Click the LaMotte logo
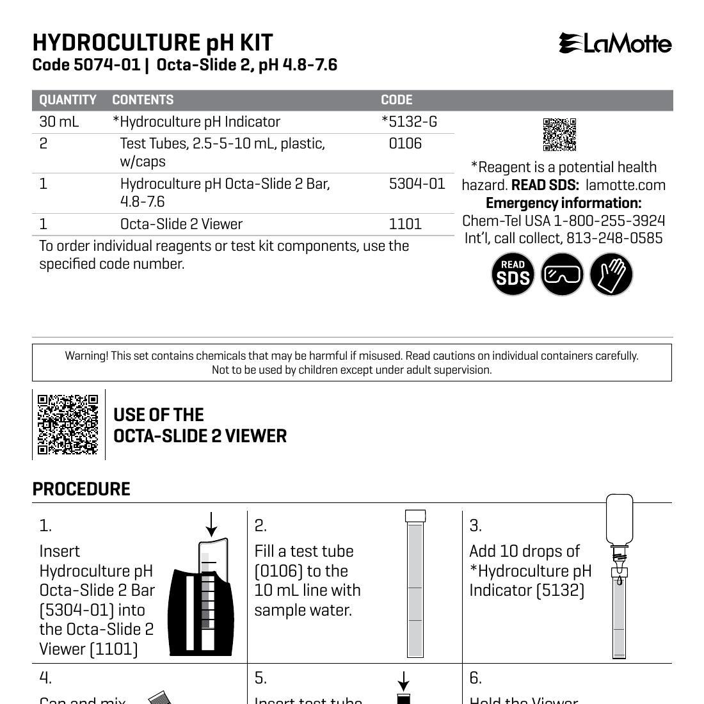[x=615, y=44]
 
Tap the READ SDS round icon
[x=513, y=274]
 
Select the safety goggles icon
[x=562, y=274]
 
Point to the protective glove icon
[x=611, y=274]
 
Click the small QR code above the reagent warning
[x=559, y=134]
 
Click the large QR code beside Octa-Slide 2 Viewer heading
[x=68, y=424]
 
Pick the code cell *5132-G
[x=409, y=122]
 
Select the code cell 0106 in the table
[x=405, y=143]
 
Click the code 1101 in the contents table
[x=405, y=224]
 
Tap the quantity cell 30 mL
[x=59, y=122]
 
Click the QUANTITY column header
[x=68, y=100]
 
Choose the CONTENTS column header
[x=143, y=100]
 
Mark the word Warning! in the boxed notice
[x=86, y=356]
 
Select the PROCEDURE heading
[x=81, y=490]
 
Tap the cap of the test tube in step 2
[x=415, y=516]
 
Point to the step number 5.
[x=260, y=678]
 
